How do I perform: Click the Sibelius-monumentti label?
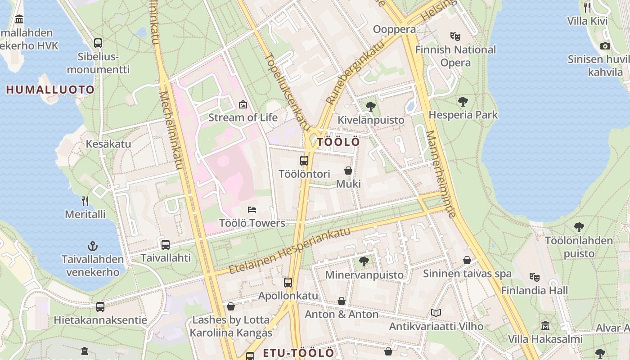click(x=98, y=63)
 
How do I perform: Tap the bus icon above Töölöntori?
click(x=304, y=161)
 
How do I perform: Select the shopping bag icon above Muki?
click(x=348, y=171)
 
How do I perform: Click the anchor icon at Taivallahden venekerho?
click(x=92, y=246)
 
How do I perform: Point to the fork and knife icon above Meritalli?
click(x=85, y=201)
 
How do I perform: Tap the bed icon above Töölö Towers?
click(x=252, y=210)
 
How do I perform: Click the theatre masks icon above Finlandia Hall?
click(x=535, y=277)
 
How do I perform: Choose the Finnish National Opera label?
click(x=455, y=56)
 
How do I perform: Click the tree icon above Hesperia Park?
click(x=463, y=102)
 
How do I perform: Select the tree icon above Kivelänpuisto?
click(x=371, y=107)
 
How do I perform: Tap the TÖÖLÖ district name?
click(x=338, y=142)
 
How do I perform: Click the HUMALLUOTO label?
click(x=50, y=90)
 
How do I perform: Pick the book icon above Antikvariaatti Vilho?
click(x=436, y=313)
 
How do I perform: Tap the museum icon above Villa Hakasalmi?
click(x=545, y=325)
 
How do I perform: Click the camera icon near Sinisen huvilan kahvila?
click(x=605, y=46)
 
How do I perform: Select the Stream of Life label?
click(x=243, y=117)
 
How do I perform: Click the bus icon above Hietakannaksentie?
click(x=100, y=307)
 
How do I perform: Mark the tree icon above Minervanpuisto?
click(x=364, y=261)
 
